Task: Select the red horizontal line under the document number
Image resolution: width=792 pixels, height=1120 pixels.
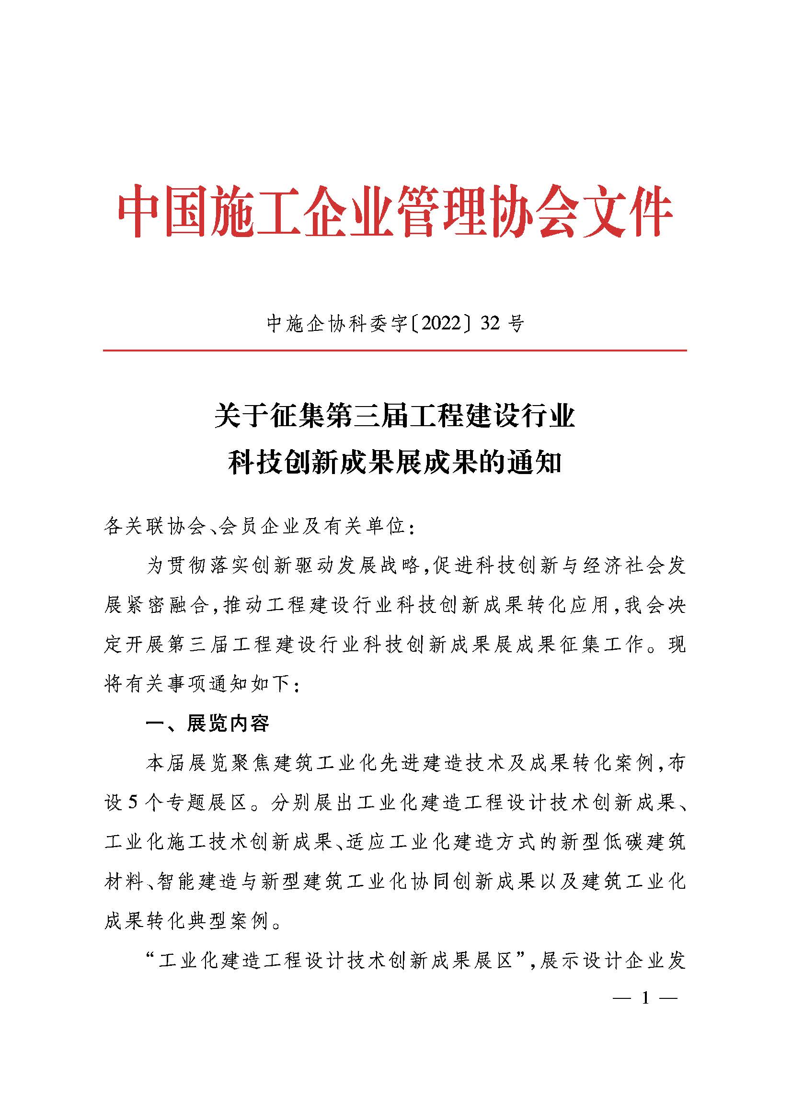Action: [x=395, y=350]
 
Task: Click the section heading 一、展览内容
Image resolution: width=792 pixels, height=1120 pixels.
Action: [x=207, y=724]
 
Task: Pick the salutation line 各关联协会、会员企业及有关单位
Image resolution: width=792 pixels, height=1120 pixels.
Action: [x=259, y=526]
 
